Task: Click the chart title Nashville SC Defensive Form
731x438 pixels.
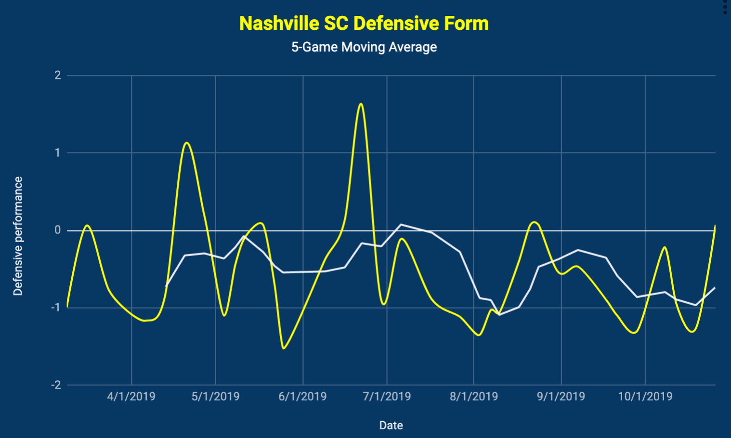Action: (364, 23)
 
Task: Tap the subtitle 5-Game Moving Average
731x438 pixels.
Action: (364, 47)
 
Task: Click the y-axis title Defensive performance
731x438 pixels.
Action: (18, 236)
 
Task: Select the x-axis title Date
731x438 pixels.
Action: (391, 425)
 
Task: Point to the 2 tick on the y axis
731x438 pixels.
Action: (58, 75)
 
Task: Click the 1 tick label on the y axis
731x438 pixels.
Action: (58, 153)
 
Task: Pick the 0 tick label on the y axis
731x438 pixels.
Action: (58, 230)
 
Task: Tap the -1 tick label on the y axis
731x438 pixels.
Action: (56, 308)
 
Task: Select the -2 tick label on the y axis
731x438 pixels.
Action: (56, 385)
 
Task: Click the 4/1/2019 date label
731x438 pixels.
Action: (131, 397)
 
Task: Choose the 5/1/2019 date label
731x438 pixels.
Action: (215, 397)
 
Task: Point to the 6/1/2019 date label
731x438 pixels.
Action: (302, 397)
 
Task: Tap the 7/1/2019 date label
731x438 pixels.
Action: (387, 397)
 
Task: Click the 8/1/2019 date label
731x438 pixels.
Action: (474, 397)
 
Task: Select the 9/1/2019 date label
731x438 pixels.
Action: (561, 397)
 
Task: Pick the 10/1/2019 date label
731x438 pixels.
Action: (645, 397)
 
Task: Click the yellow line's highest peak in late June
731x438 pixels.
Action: (361, 103)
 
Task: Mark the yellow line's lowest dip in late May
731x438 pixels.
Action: (284, 348)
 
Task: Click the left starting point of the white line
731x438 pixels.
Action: (166, 286)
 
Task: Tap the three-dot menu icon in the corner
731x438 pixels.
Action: (725, 7)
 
